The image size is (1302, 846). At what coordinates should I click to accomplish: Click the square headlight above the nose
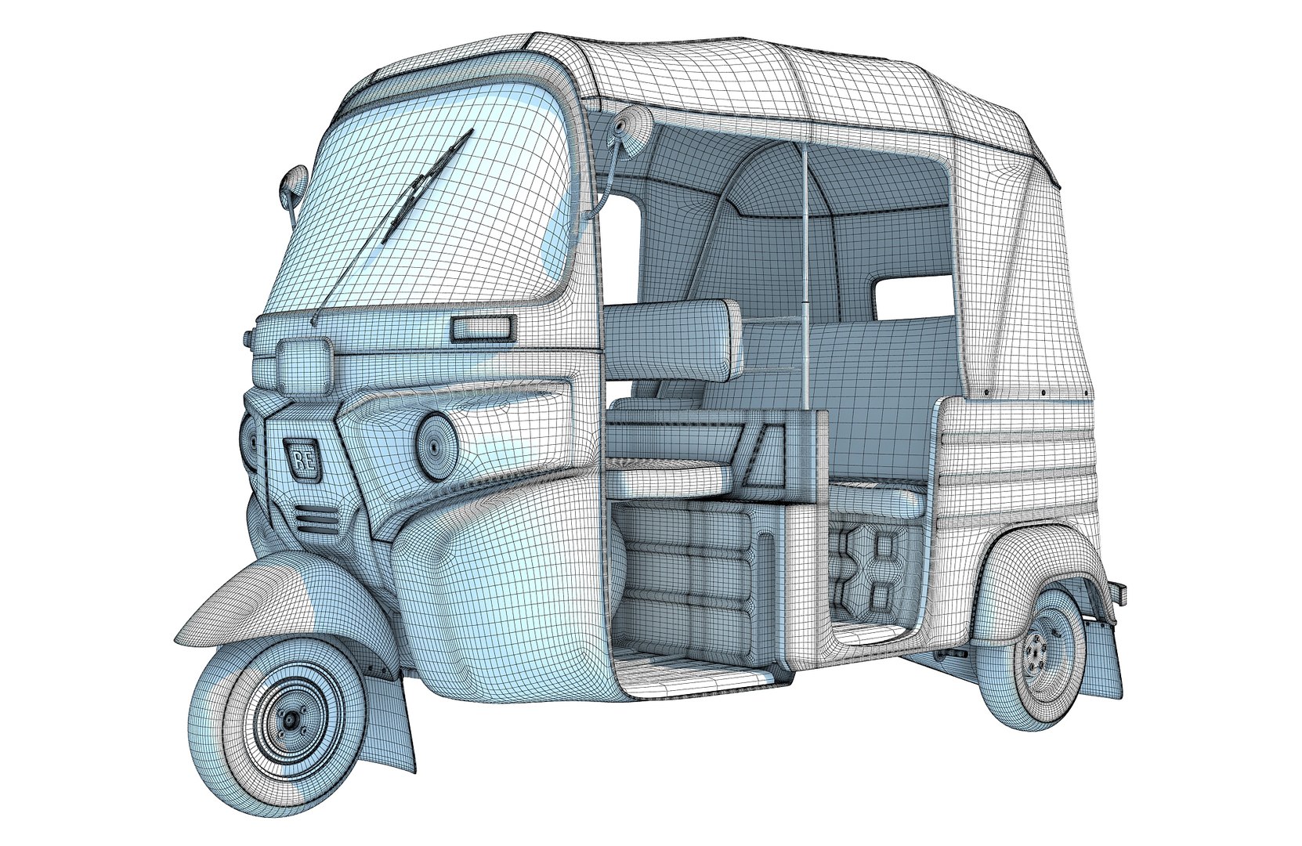click(304, 367)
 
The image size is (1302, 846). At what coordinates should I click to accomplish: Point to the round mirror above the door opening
click(631, 126)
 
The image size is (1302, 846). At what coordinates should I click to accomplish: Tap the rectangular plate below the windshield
click(483, 328)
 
